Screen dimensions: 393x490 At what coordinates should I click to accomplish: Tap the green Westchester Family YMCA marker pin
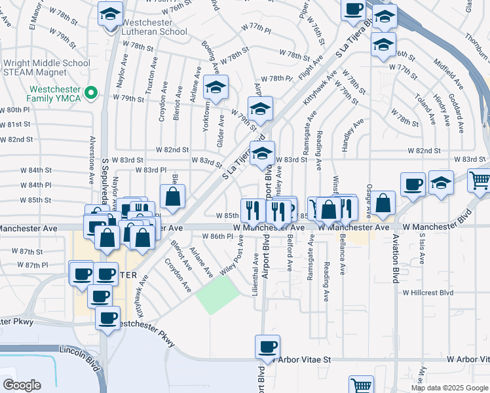[x=92, y=94]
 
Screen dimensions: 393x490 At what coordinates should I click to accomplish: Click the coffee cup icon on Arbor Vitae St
[x=267, y=346]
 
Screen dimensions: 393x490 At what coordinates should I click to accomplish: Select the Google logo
[x=22, y=384]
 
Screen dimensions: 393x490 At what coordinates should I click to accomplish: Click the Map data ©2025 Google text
[x=449, y=388]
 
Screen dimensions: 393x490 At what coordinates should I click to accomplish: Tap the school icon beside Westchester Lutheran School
[x=110, y=13]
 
